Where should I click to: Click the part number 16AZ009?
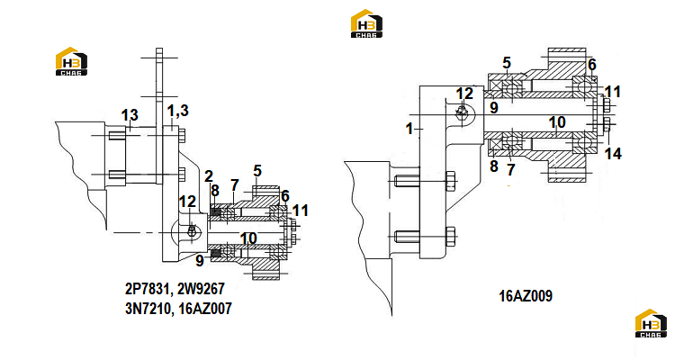coord(526,296)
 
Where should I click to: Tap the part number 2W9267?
coord(201,288)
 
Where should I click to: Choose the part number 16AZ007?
coord(205,309)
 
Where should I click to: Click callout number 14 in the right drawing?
coord(613,154)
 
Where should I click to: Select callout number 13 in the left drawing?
coord(130,115)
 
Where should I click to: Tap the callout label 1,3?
coord(178,111)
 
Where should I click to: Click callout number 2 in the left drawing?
coord(209,176)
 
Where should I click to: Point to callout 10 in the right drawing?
coord(557,122)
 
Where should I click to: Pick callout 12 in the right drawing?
coord(464,94)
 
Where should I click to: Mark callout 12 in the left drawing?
coord(187,202)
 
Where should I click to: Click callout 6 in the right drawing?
coord(592,65)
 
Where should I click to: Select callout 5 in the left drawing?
coord(257,171)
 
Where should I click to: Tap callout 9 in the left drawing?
coord(200,260)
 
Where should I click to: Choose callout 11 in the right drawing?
coord(613,92)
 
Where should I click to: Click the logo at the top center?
coord(367,23)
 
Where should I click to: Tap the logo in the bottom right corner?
coord(651,323)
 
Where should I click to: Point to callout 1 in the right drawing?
coord(409,129)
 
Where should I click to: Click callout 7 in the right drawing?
coord(511,169)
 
